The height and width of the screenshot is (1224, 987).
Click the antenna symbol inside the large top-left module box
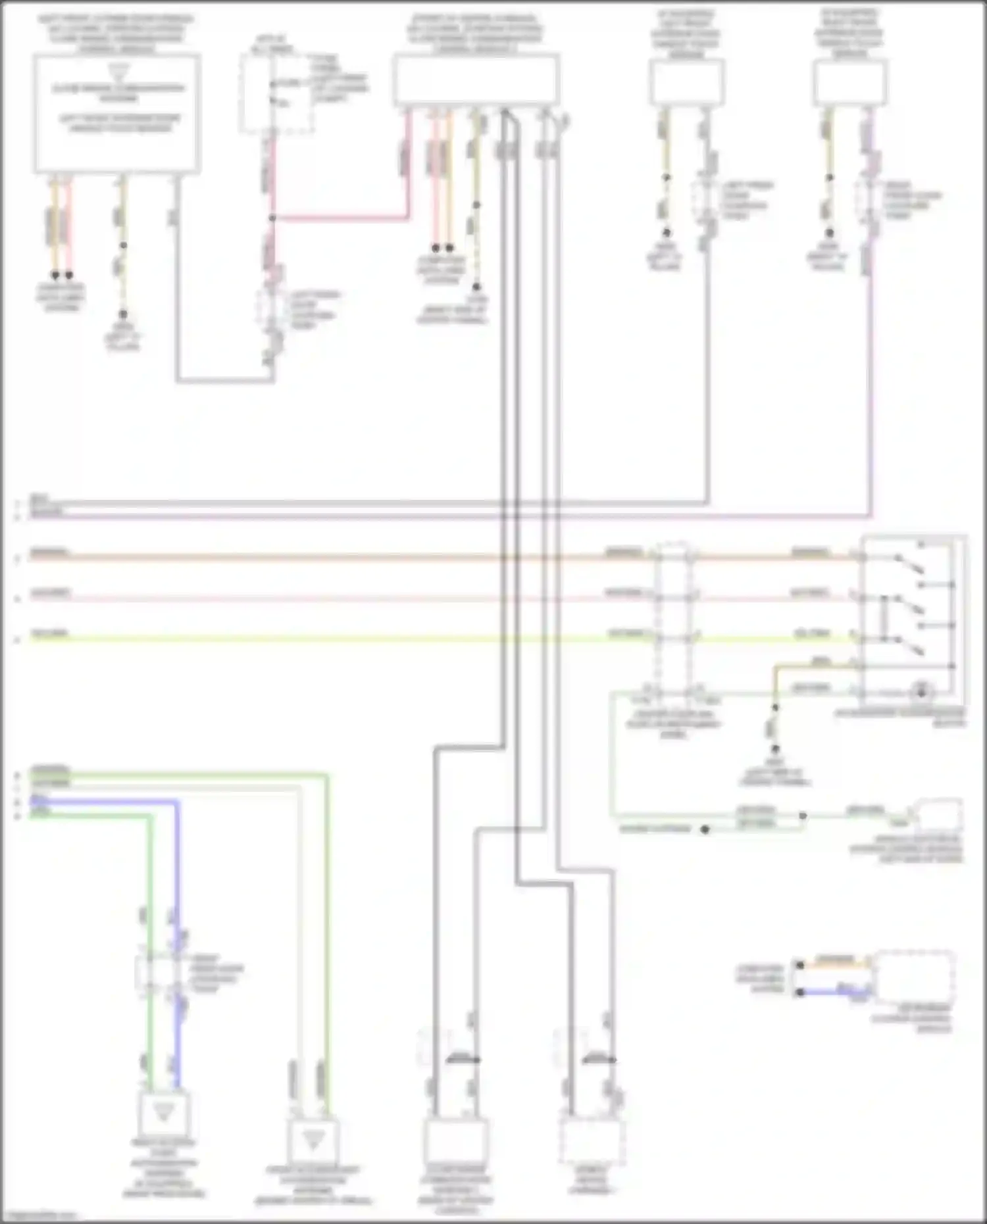[x=119, y=70]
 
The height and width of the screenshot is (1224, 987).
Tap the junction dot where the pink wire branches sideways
[x=272, y=218]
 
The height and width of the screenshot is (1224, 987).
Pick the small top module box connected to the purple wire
[x=849, y=82]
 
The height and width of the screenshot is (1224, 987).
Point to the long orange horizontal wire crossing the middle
[x=329, y=558]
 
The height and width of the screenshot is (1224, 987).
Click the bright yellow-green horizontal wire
[x=329, y=639]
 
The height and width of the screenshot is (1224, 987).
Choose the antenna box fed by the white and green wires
[x=313, y=1142]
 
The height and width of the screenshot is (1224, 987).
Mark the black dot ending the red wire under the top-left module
[x=69, y=276]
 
